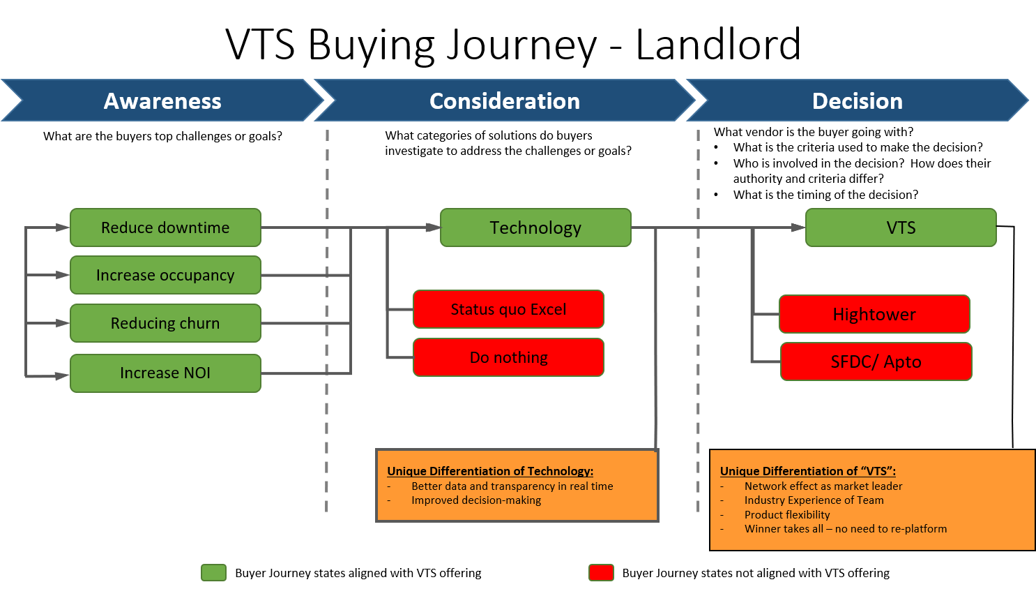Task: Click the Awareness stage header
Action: click(x=162, y=101)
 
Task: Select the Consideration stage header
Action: click(x=505, y=101)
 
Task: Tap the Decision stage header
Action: click(x=858, y=101)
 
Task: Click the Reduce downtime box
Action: click(x=165, y=228)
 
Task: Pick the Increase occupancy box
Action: click(x=165, y=275)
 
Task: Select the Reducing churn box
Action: click(x=165, y=323)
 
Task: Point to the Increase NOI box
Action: click(x=165, y=373)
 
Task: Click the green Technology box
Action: click(x=535, y=228)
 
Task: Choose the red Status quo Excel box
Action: click(x=508, y=309)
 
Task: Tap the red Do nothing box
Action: click(x=508, y=357)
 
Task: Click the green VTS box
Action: click(x=901, y=228)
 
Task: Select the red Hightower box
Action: click(x=874, y=314)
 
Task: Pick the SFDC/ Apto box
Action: click(x=876, y=361)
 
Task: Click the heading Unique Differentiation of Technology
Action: click(x=490, y=471)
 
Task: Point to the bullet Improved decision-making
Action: click(x=476, y=500)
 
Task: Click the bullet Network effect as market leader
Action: click(x=823, y=486)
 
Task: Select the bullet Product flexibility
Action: click(x=787, y=515)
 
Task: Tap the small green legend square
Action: click(x=213, y=572)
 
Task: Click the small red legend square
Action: click(x=601, y=572)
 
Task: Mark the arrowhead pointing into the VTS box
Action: click(x=798, y=228)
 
